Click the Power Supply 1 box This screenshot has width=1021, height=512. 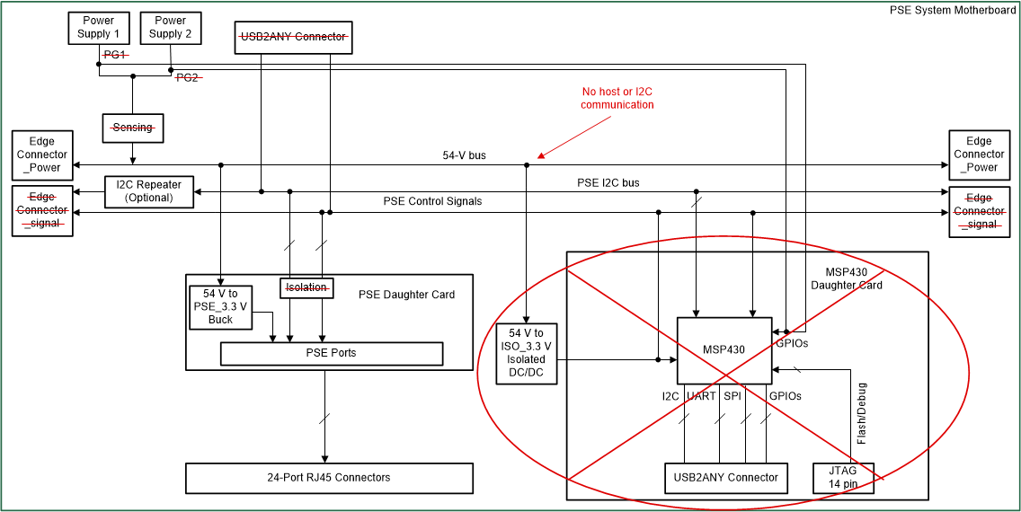(x=99, y=28)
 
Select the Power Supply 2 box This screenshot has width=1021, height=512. (x=170, y=28)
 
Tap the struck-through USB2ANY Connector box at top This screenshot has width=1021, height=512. (x=293, y=37)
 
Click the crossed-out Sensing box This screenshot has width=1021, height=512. (x=132, y=128)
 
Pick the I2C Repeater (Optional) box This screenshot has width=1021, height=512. (x=149, y=191)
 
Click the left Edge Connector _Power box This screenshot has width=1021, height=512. (x=41, y=154)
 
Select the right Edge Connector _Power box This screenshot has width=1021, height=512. (x=979, y=154)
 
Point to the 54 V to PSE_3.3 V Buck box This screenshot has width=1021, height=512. (x=220, y=306)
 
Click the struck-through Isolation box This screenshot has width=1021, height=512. (x=306, y=287)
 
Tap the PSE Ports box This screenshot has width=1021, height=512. (x=332, y=353)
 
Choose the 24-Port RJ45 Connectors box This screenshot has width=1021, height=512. (x=329, y=477)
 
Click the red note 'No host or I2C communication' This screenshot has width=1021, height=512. (x=617, y=98)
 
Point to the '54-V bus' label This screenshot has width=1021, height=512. (x=464, y=155)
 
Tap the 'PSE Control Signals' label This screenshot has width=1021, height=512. (x=432, y=201)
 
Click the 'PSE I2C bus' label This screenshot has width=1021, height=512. (x=608, y=183)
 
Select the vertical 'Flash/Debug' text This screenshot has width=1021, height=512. (x=862, y=414)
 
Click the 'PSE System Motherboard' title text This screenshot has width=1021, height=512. (x=953, y=10)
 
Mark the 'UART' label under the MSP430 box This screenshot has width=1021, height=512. (x=700, y=396)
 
